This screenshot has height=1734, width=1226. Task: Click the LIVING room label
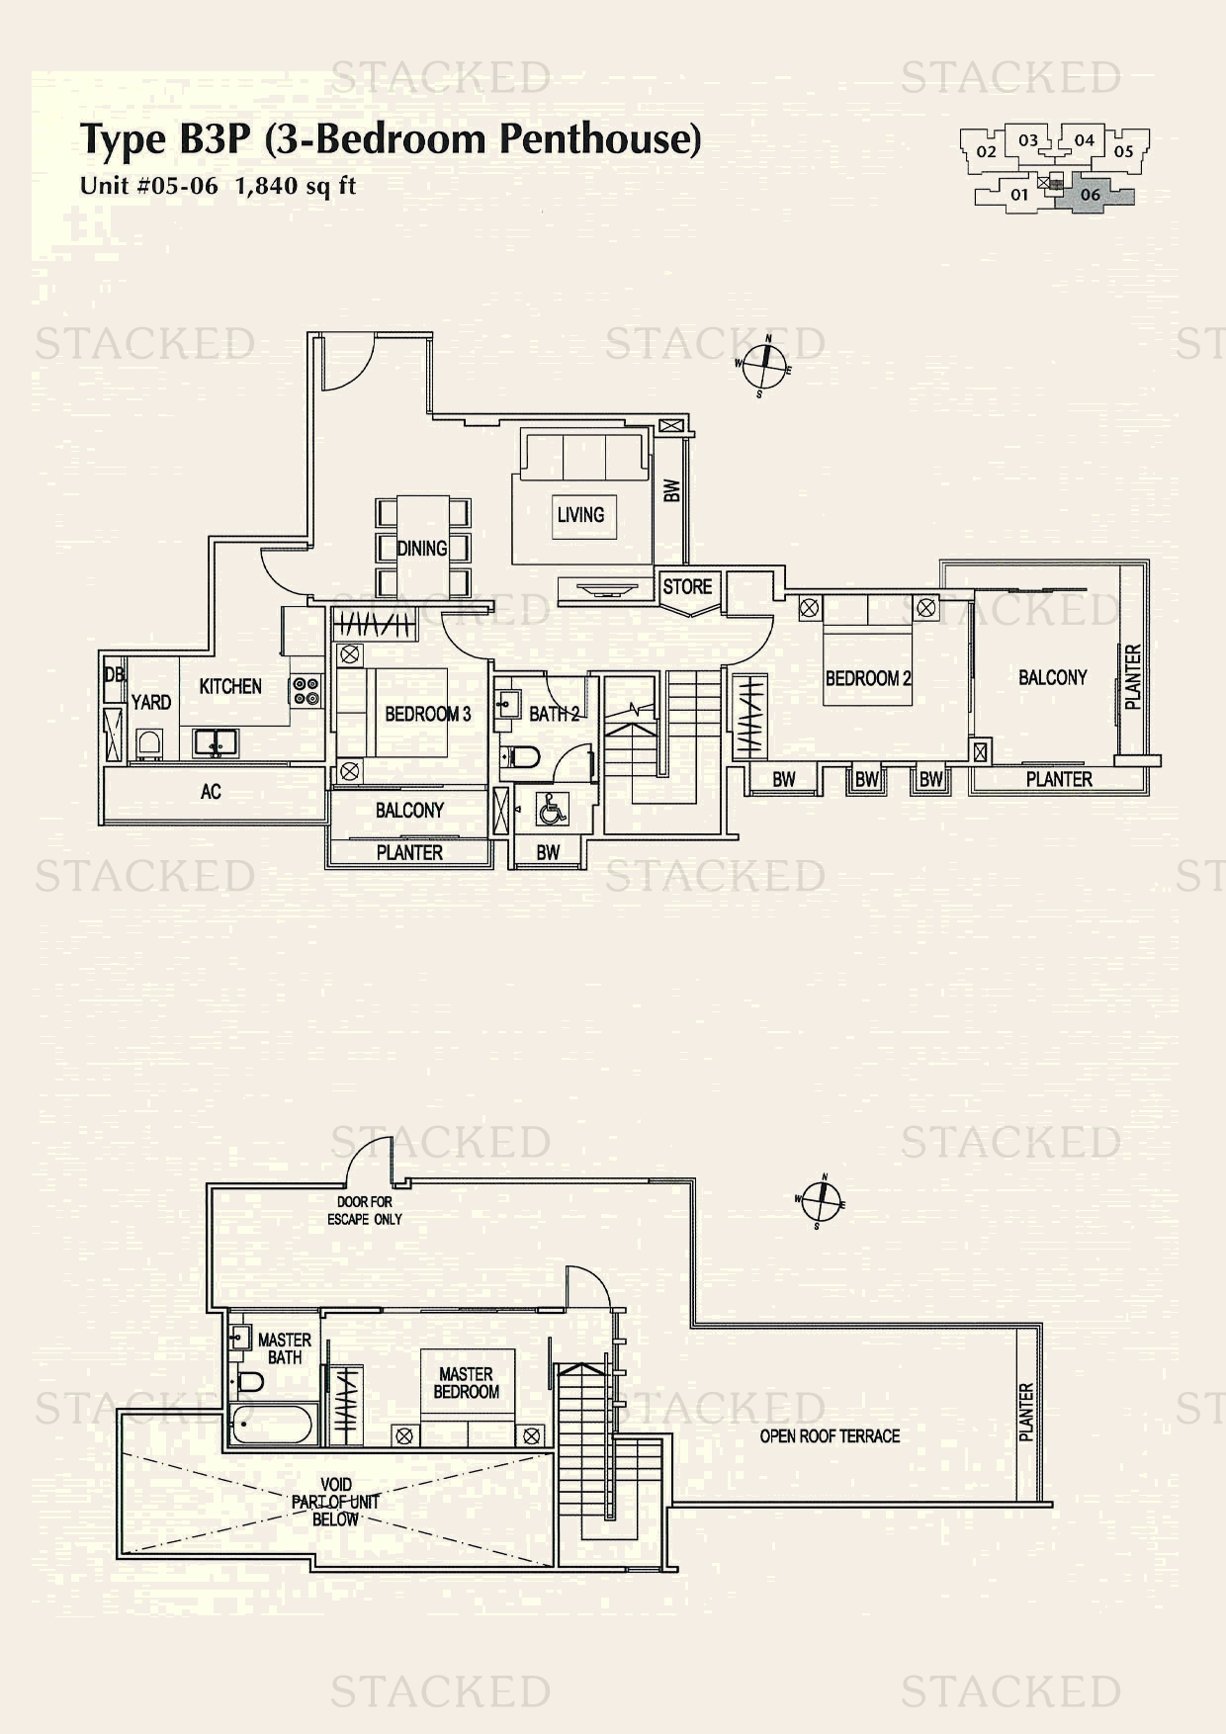580,515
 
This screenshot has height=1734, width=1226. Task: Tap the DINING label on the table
422,549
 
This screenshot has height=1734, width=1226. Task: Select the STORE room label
687,586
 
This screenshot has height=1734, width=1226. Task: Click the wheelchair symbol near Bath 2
551,810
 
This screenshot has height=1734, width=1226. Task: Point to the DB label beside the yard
113,675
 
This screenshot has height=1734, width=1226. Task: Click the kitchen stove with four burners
306,690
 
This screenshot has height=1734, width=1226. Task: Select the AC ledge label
211,791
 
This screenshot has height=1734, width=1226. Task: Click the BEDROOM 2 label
868,678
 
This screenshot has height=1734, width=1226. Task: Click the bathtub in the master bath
271,1426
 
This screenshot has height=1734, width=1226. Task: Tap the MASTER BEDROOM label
466,1382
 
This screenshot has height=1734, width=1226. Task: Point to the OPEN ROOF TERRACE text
830,1435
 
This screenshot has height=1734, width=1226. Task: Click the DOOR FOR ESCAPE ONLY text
365,1211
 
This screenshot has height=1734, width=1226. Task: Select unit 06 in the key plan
1091,195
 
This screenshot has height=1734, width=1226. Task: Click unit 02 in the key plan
986,151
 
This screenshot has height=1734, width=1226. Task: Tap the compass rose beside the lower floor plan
821,1202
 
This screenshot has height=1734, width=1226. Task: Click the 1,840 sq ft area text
295,186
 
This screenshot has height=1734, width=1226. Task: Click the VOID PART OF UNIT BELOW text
335,1502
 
